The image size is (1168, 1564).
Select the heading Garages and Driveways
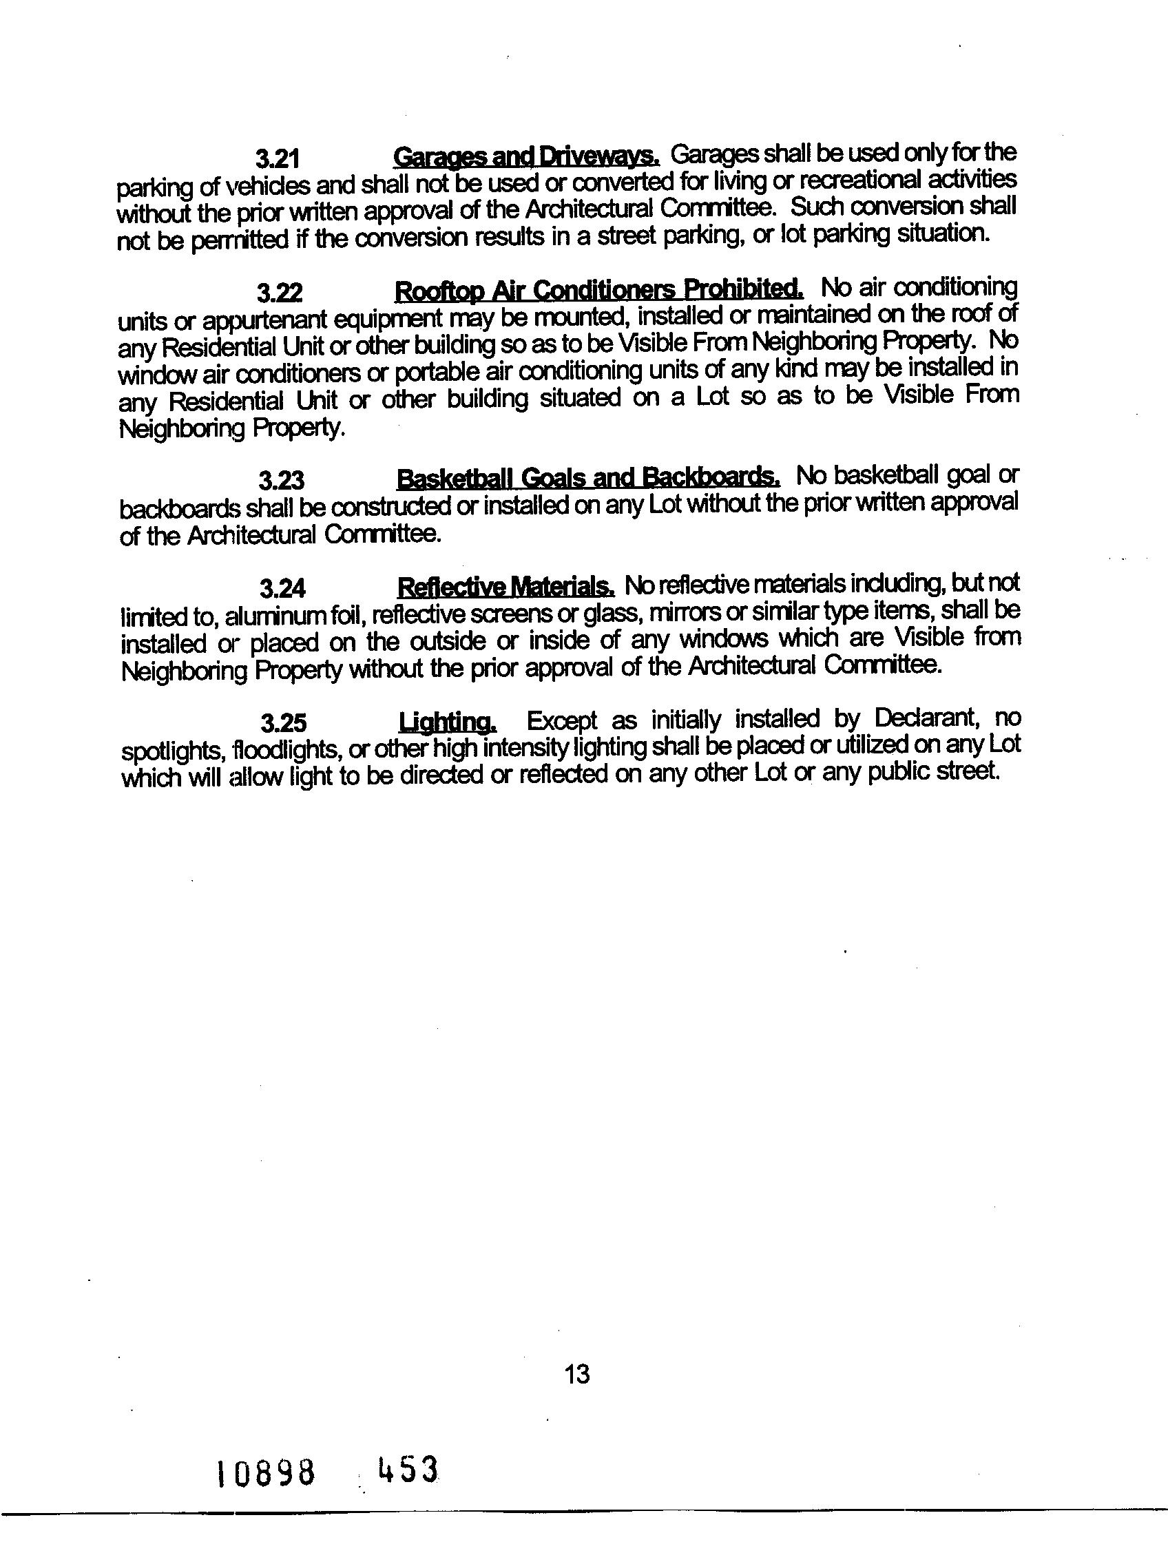coord(526,155)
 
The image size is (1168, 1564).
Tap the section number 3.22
coord(280,292)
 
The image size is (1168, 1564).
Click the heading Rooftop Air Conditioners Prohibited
coord(598,290)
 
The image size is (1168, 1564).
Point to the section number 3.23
coord(281,481)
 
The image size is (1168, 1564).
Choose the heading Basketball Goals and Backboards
coord(588,478)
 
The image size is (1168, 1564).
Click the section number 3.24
coord(282,588)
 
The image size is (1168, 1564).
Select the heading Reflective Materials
coord(505,586)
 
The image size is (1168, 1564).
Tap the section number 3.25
coord(283,723)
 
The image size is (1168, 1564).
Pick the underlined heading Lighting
coord(448,722)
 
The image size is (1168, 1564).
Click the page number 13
coord(577,1374)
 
